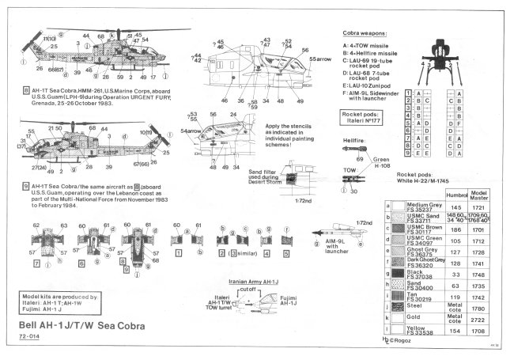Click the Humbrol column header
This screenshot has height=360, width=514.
(457, 195)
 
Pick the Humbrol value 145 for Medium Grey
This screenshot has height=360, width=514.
(457, 207)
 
